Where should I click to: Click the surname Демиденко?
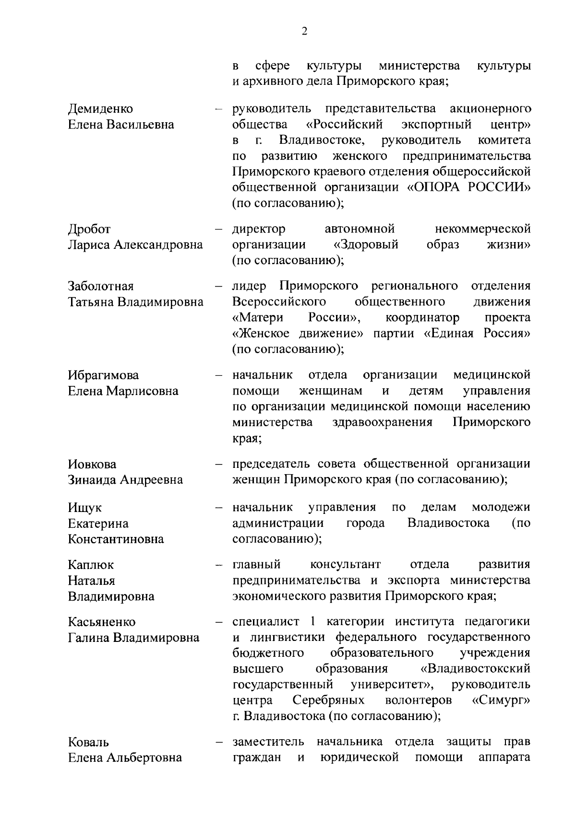100,109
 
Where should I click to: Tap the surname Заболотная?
101,286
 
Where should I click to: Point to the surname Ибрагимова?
103,375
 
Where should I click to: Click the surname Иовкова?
92,465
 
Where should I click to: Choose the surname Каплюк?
91,565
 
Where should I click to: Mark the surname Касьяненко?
102,622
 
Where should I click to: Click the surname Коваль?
88,742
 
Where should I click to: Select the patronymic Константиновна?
116,539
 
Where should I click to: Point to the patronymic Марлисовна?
142,391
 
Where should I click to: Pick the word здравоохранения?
382,422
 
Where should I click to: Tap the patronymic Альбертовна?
144,758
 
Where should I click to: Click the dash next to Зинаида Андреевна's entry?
219,465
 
